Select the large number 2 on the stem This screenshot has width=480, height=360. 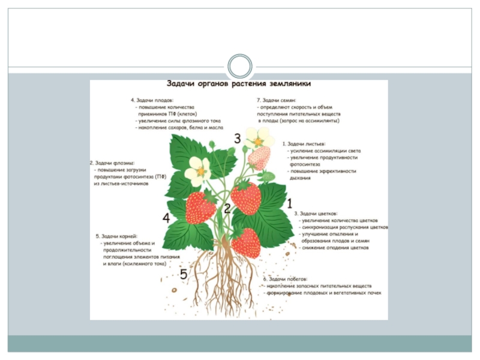(227, 209)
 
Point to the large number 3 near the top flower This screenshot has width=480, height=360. (237, 139)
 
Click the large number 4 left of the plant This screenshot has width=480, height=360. (166, 219)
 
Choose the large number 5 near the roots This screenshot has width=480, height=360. (184, 275)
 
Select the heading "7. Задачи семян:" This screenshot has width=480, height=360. (276, 100)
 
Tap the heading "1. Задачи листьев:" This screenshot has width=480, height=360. (306, 145)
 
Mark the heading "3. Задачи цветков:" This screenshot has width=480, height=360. (316, 213)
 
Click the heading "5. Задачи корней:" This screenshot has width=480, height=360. (117, 236)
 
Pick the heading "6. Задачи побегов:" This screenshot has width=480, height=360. (286, 280)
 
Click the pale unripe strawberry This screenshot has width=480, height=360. (259, 158)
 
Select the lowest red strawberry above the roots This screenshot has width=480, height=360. (246, 242)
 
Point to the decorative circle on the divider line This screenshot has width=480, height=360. (239, 66)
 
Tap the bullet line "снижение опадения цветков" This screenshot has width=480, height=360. (334, 247)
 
